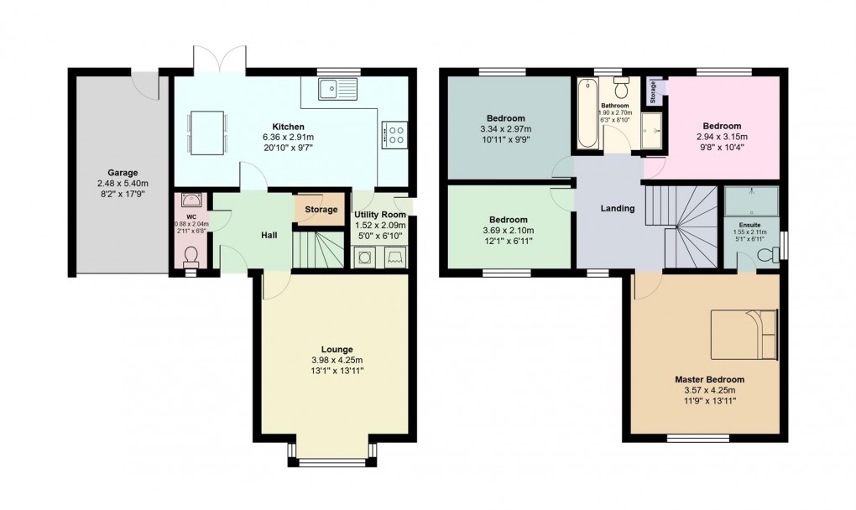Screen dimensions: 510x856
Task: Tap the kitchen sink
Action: coord(337,87)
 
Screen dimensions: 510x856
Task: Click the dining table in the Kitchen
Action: coord(206,133)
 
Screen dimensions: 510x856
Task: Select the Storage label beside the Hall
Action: coord(321,210)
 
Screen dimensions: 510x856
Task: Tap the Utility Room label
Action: coord(380,215)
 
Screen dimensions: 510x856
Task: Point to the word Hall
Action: coord(269,236)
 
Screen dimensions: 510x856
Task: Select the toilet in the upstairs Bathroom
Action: coord(622,88)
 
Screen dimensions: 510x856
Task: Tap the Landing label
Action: coord(618,208)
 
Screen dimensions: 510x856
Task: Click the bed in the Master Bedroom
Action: coord(744,332)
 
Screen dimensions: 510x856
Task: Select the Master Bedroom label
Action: coord(709,379)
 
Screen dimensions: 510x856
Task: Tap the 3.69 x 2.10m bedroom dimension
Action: coord(509,231)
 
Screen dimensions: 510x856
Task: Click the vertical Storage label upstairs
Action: coord(653,92)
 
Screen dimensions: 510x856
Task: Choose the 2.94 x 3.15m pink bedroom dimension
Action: coord(722,137)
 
